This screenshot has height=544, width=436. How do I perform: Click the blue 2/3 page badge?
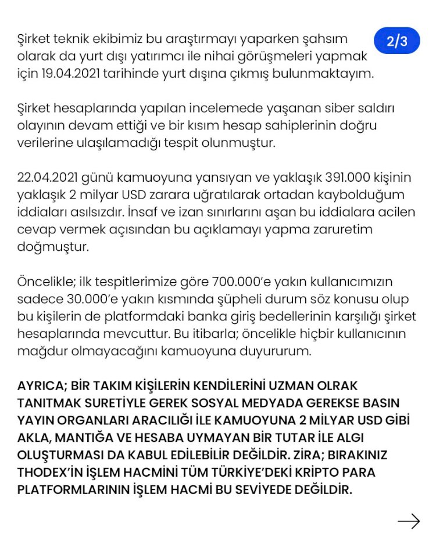pyautogui.click(x=397, y=41)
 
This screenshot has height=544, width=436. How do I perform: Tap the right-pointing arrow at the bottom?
pyautogui.click(x=409, y=521)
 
